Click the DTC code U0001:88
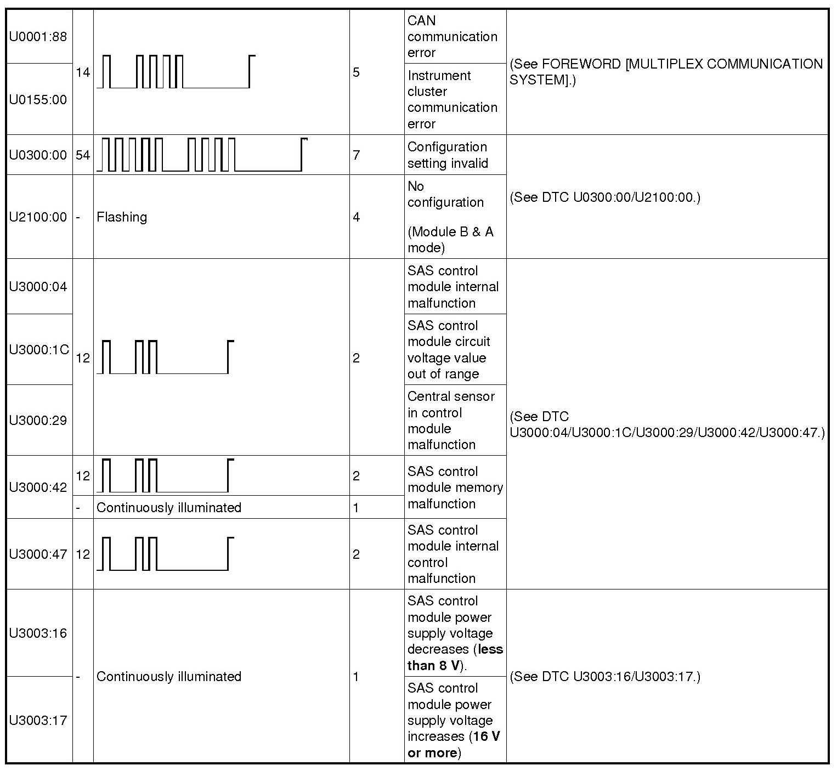38,37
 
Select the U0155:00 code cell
38,99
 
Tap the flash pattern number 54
83,155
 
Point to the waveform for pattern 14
176,72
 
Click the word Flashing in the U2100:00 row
122,217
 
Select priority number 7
357,155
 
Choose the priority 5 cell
357,72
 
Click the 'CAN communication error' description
452,37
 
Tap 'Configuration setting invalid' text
447,155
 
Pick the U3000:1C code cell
39,349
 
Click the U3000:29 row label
38,421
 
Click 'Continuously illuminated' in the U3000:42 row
169,508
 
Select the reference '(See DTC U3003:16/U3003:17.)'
605,677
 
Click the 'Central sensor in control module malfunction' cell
451,421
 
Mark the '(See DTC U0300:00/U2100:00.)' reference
605,197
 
